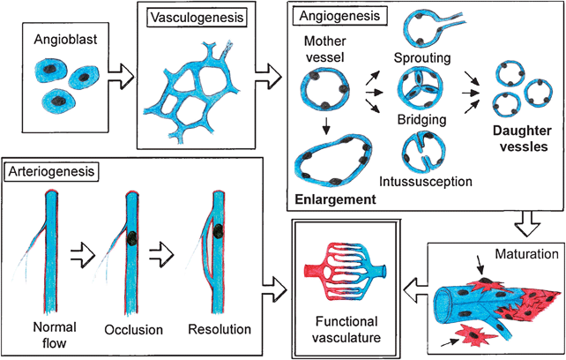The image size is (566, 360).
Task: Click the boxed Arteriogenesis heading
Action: pyautogui.click(x=50, y=168)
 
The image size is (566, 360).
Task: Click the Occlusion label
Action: pyautogui.click(x=134, y=330)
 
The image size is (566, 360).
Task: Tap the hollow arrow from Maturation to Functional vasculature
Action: pyautogui.click(x=415, y=287)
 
